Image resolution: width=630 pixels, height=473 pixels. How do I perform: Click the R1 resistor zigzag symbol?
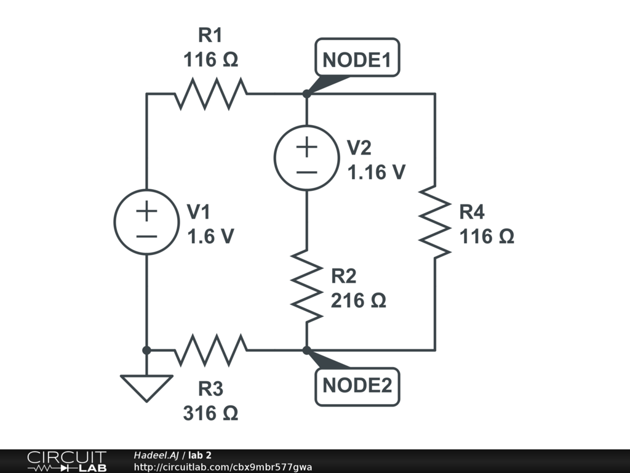(211, 94)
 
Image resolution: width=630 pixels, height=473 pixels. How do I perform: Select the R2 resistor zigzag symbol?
(306, 286)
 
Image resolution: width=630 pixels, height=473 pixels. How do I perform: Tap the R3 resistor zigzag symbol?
(211, 350)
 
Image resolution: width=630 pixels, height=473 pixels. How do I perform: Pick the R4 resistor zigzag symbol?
(435, 222)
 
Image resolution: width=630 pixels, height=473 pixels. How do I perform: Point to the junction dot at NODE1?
(306, 94)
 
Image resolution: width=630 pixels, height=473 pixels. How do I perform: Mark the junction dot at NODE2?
(306, 350)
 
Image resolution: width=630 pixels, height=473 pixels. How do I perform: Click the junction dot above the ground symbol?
(146, 350)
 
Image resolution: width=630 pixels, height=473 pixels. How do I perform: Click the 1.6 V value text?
(210, 236)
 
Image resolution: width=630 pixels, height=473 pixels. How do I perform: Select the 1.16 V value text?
(377, 172)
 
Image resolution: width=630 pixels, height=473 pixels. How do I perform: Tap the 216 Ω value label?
(359, 301)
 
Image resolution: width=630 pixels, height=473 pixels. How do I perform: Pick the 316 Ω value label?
(210, 413)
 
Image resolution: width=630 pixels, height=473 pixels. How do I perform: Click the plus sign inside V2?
(306, 147)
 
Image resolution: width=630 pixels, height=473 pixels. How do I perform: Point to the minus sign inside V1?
(146, 236)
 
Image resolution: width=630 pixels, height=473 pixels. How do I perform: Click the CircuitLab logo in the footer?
(67, 461)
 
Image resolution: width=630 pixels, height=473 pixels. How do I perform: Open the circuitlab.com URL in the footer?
(223, 467)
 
